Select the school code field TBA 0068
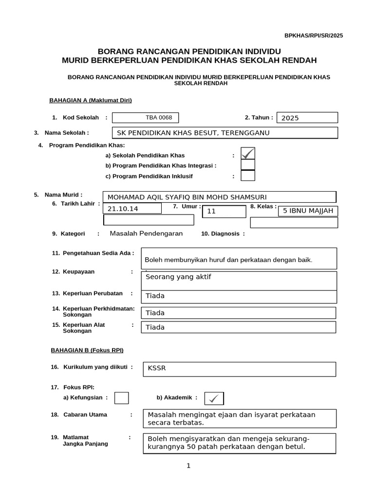145,118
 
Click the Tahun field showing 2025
307,118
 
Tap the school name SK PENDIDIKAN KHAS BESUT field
224,133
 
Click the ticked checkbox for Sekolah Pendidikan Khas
248,154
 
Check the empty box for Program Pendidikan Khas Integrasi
248,165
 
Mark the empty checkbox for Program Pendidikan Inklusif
248,176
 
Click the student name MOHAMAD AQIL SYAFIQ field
219,197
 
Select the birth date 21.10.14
132,209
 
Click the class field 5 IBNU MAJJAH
308,211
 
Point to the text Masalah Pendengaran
146,233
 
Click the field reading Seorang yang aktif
239,281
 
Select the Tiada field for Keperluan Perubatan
239,296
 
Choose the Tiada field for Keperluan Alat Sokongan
239,327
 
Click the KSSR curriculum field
239,369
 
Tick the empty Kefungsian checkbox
122,398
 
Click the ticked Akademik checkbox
214,398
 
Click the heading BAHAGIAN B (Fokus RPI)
84,350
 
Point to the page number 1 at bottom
188,465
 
